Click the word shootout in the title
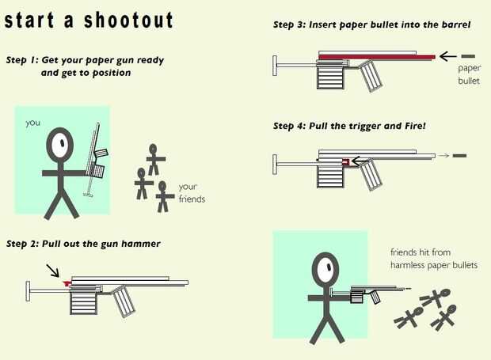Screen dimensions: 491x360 tap(128, 21)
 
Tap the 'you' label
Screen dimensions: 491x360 tap(33, 123)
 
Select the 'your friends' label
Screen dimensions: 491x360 tap(192, 193)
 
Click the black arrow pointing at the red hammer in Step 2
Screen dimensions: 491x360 tap(52, 271)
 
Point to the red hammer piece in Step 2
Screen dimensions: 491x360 tap(67, 283)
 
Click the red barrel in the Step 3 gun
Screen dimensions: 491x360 tap(377, 57)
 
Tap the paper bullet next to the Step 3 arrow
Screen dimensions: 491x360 tap(468, 56)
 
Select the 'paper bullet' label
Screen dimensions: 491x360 tap(469, 74)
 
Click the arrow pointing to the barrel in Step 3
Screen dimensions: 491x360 tap(447, 57)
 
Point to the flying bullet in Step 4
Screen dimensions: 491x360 tap(459, 155)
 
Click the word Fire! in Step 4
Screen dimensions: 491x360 tap(415, 126)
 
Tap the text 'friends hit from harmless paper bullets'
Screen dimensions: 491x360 tap(434, 259)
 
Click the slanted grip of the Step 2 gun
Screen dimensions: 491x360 tap(124, 301)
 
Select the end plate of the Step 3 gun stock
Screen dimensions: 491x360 tap(275, 66)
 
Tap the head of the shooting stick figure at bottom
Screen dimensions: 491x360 tap(325, 269)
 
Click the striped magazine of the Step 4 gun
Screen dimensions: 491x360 tap(330, 176)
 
